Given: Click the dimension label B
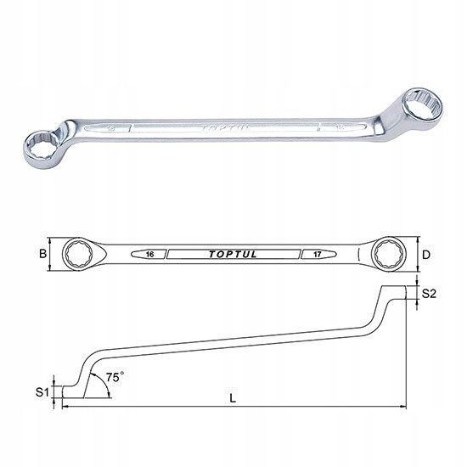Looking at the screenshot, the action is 43,254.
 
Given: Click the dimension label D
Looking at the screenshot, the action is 426,255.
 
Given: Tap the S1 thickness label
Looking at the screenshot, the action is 42,392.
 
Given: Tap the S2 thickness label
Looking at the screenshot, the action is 429,294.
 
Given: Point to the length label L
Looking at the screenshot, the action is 233,398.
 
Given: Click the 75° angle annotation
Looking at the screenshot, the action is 115,377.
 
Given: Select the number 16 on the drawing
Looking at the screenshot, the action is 149,255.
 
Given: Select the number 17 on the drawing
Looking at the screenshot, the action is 318,255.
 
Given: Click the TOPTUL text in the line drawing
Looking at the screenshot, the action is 233,255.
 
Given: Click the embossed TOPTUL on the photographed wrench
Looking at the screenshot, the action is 225,128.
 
